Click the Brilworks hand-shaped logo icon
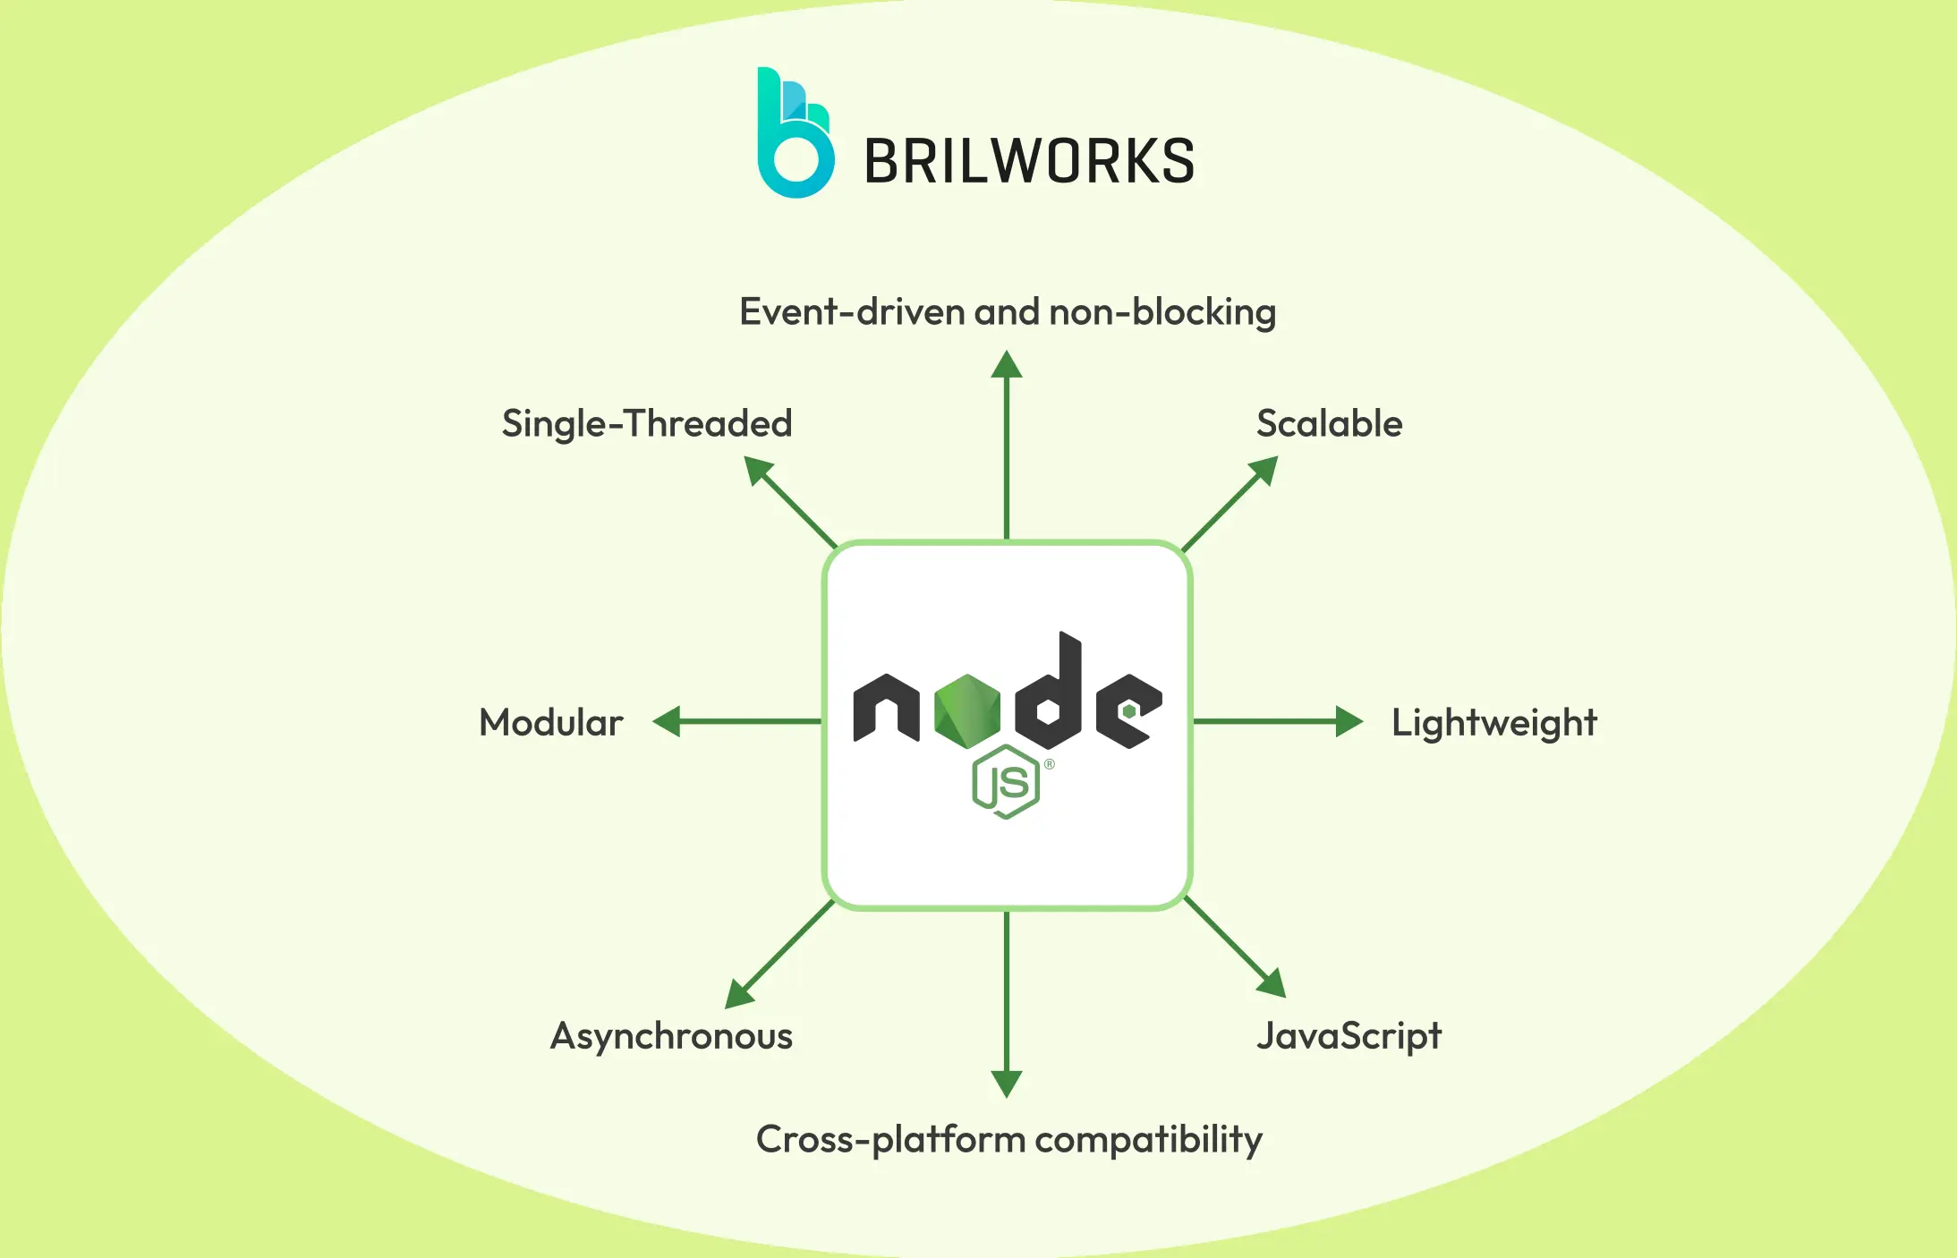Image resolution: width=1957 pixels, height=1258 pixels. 795,134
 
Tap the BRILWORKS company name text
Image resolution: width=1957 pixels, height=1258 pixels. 1029,162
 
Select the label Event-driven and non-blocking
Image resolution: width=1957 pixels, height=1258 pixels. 1007,312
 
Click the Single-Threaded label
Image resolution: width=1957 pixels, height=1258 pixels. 647,423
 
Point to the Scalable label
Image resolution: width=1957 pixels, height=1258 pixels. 1329,423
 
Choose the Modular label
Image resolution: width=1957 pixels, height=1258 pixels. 551,722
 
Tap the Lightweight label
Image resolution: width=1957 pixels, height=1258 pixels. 1493,723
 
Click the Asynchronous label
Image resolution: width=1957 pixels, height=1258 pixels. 671,1036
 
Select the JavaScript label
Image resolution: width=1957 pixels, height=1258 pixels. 1349,1036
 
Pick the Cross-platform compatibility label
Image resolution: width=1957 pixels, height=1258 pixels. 1008,1139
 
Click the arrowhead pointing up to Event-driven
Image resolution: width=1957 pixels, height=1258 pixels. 1007,365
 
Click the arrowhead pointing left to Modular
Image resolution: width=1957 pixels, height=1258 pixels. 668,721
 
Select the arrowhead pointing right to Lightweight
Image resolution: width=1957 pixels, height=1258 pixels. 1348,721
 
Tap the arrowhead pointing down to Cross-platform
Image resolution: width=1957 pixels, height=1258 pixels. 1007,1083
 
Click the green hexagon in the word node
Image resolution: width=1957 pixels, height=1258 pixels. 967,710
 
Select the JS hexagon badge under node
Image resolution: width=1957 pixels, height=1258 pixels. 1006,783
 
